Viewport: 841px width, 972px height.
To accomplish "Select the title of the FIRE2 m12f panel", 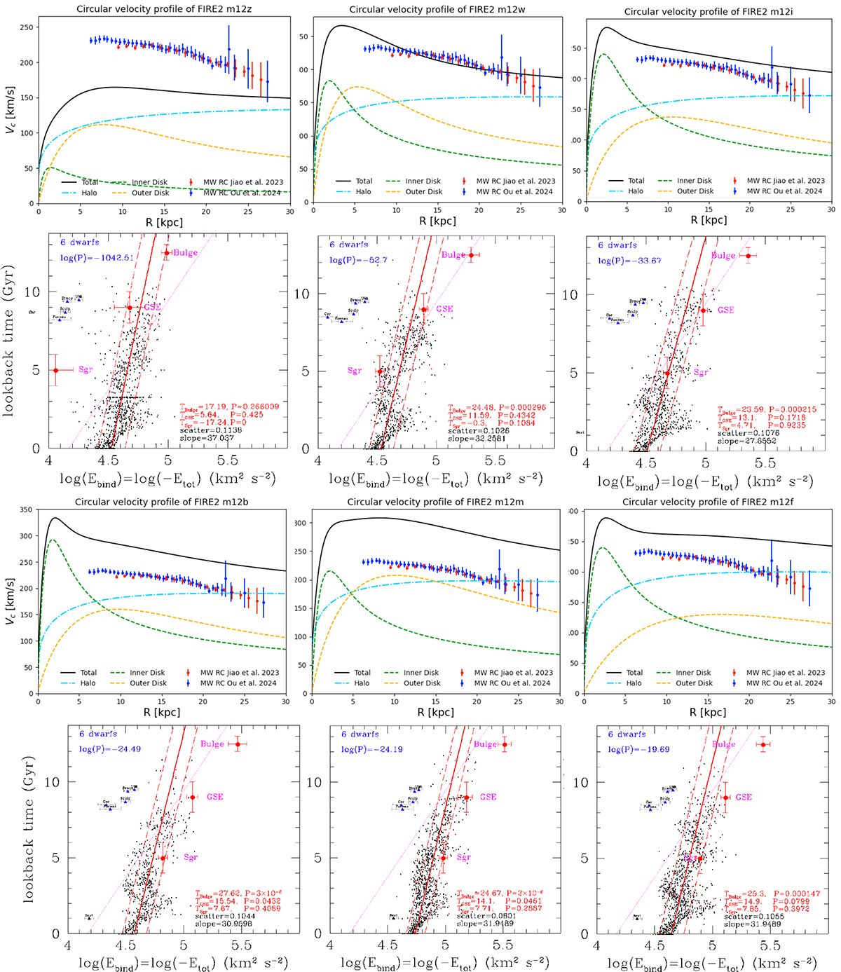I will pos(709,502).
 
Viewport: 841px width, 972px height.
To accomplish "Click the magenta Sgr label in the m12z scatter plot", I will pos(86,369).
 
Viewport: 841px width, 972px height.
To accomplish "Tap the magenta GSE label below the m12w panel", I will pos(444,309).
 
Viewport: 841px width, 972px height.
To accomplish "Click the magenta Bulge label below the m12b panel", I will pos(212,744).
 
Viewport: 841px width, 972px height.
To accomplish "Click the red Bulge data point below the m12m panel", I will pos(504,744).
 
